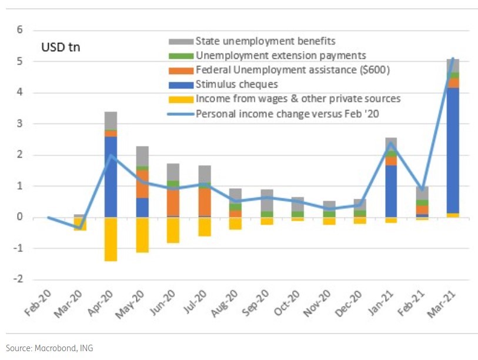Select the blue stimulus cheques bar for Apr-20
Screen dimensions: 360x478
click(x=111, y=176)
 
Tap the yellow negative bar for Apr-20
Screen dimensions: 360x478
click(x=111, y=239)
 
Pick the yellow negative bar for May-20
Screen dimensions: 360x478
click(x=142, y=235)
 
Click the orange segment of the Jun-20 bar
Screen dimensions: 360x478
click(x=173, y=202)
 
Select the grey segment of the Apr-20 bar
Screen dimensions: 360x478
click(x=111, y=121)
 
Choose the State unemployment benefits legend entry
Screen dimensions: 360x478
click(x=265, y=41)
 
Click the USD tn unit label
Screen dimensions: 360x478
click(x=60, y=47)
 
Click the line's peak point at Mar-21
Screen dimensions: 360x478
click(x=452, y=59)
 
